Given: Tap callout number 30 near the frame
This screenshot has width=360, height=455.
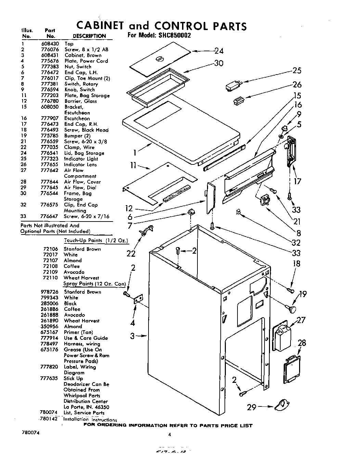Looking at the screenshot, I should point(219,64).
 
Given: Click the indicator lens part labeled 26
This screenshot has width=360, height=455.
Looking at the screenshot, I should point(238,101).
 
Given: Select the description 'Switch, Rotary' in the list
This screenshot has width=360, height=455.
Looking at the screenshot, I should point(81,84).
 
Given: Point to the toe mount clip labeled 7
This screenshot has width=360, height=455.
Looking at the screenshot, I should point(191,213).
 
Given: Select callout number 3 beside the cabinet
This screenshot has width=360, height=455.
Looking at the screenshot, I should point(132,336).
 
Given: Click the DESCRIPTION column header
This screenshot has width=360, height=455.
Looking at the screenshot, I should point(89,36).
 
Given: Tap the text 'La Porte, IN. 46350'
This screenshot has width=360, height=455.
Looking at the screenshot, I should point(86,407).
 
